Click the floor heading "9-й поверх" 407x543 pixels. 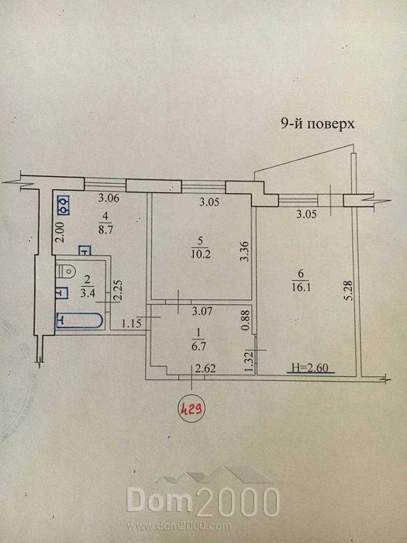coord(317,123)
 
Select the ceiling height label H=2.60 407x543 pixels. coord(310,368)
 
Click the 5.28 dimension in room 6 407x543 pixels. coord(348,291)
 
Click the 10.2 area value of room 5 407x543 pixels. coord(198,254)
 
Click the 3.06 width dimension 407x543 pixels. coord(109,199)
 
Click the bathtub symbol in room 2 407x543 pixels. coord(79,320)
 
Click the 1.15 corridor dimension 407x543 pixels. coord(129,324)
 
